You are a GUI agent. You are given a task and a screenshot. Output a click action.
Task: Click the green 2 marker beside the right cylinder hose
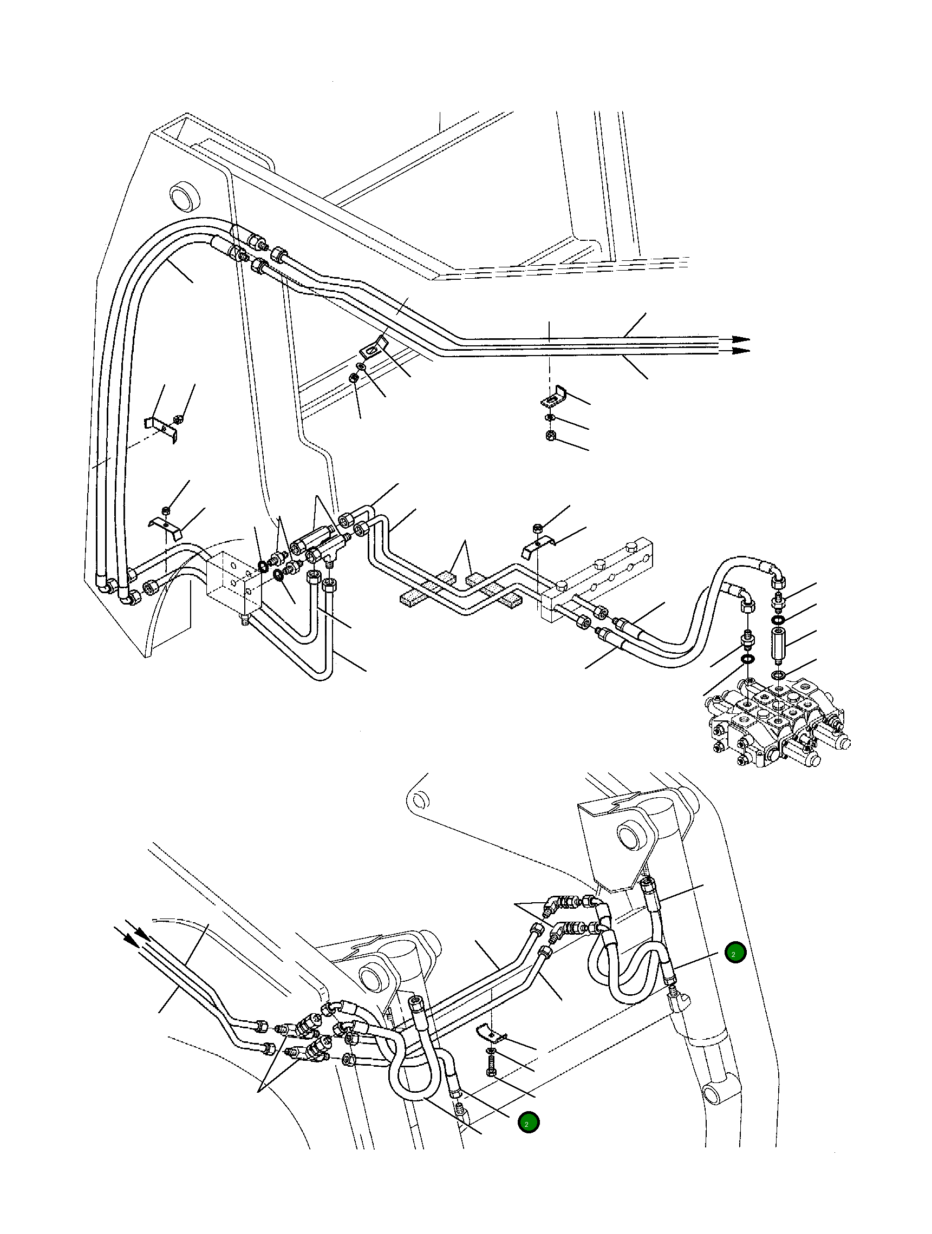[734, 954]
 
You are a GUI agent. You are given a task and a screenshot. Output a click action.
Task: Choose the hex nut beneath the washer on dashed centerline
[550, 435]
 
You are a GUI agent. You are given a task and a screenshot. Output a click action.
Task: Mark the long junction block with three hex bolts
[600, 577]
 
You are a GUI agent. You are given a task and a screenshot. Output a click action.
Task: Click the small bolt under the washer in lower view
[491, 1073]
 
